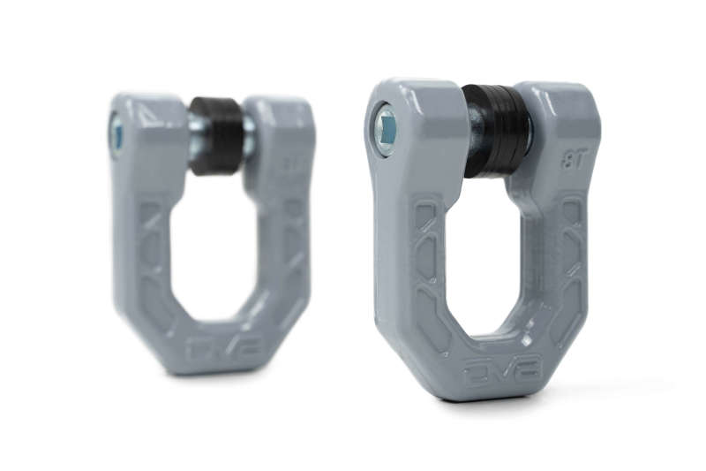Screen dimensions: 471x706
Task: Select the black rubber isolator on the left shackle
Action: tap(216, 134)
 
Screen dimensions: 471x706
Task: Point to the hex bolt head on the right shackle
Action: tap(386, 130)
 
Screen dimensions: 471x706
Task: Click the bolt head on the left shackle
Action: tap(116, 133)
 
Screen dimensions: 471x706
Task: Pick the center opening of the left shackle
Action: tap(215, 247)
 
